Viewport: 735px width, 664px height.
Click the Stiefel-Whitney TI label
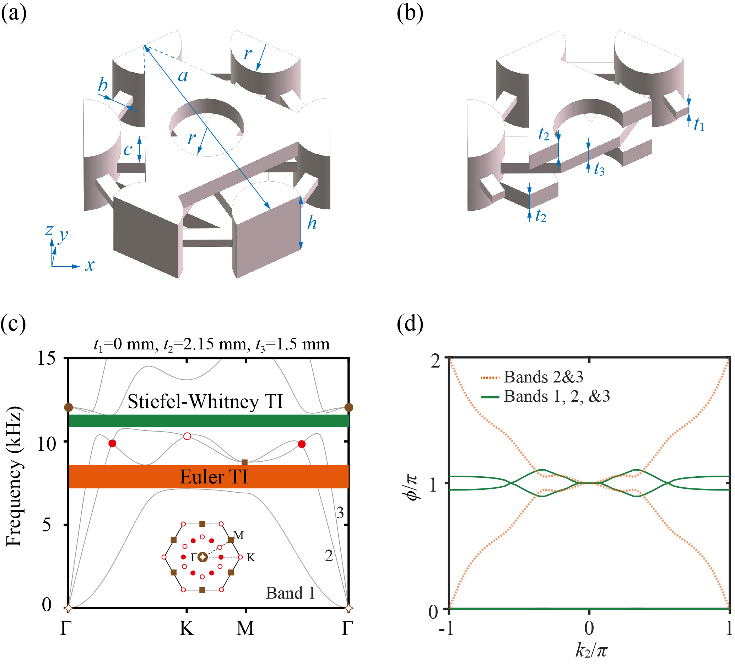(x=205, y=402)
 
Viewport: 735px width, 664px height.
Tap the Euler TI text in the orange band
(x=214, y=477)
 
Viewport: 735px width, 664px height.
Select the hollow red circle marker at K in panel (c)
(x=187, y=436)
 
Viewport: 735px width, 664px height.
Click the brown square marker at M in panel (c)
(x=245, y=462)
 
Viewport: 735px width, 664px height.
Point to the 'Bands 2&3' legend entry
(x=543, y=377)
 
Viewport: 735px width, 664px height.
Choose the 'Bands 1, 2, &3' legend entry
(x=556, y=396)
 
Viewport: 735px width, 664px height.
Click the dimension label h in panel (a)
(x=312, y=223)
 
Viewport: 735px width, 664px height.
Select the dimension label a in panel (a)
(x=183, y=76)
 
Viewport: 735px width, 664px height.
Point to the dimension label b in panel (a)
(x=103, y=85)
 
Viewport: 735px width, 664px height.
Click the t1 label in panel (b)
(x=698, y=125)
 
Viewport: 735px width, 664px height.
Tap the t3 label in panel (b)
(x=599, y=169)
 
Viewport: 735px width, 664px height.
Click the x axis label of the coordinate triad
(x=90, y=265)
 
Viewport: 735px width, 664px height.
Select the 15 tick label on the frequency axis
(x=46, y=359)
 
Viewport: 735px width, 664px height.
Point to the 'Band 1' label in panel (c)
(x=290, y=593)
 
